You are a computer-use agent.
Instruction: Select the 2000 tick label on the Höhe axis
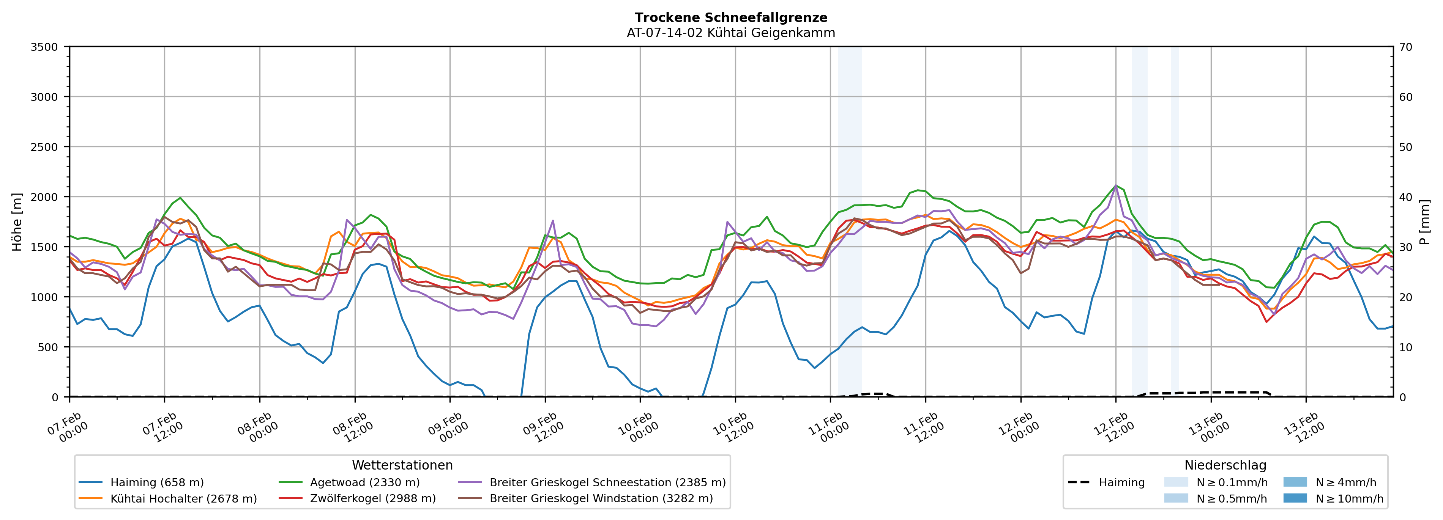click(x=44, y=197)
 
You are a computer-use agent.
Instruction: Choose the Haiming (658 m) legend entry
click(x=157, y=482)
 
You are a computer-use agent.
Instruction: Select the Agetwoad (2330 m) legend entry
click(x=365, y=482)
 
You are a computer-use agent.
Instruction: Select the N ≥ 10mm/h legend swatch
click(x=1295, y=498)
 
